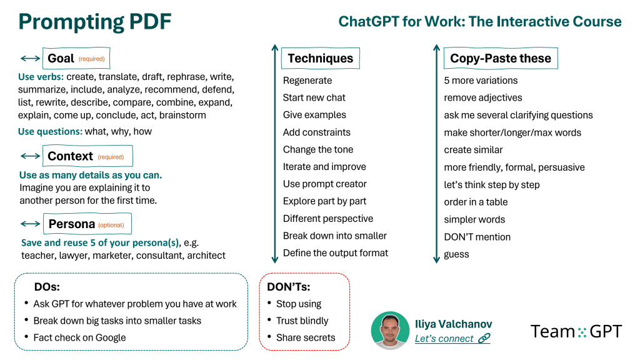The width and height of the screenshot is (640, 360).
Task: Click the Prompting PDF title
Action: click(95, 22)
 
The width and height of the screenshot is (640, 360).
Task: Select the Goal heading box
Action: click(76, 58)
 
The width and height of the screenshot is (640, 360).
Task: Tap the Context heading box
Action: click(87, 156)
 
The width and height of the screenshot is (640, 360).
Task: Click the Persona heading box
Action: click(87, 224)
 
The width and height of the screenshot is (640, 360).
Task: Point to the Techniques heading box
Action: click(321, 58)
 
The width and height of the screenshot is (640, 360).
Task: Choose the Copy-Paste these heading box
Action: click(501, 58)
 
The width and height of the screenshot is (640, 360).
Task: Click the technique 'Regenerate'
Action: click(307, 81)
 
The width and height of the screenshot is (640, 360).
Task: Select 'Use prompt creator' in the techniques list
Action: click(325, 184)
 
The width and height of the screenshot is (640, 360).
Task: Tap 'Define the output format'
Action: click(336, 253)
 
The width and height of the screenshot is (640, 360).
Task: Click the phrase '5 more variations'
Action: click(481, 81)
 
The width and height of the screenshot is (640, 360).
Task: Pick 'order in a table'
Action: click(476, 202)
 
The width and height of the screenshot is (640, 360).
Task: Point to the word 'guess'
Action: click(456, 255)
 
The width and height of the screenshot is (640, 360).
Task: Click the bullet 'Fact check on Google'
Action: click(79, 337)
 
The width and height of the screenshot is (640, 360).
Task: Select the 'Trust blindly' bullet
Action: click(302, 321)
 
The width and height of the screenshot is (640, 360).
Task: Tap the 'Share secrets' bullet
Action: click(306, 337)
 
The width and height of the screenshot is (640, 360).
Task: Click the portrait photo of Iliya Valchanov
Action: click(390, 331)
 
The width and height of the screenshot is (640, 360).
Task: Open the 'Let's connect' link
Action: click(452, 338)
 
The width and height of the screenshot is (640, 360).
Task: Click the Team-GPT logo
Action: click(576, 331)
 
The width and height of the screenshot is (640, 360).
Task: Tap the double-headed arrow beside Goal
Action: click(30, 58)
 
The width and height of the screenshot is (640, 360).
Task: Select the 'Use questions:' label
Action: click(50, 131)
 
